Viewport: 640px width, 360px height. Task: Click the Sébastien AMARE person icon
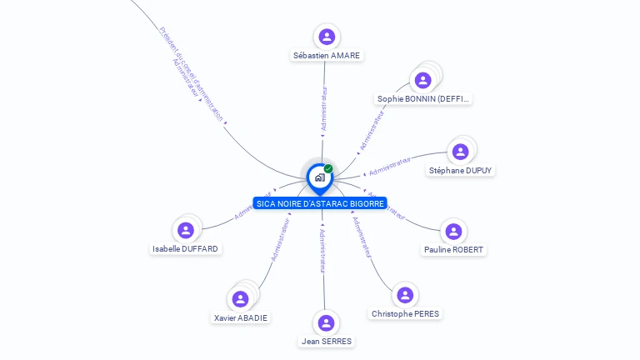(x=327, y=37)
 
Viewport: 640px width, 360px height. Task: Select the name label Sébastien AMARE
(x=327, y=56)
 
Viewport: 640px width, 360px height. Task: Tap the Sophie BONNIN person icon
(x=423, y=80)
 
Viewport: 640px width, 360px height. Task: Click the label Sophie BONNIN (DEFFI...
(x=424, y=98)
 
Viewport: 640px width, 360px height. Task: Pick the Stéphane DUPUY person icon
(x=460, y=152)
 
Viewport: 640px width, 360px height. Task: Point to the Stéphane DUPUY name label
(x=461, y=170)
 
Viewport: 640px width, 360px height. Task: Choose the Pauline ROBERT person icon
(x=453, y=231)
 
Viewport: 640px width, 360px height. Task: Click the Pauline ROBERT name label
(x=453, y=249)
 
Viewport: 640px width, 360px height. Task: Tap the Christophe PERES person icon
(x=405, y=295)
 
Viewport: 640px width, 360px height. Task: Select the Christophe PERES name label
(x=405, y=313)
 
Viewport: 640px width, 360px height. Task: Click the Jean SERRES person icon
(x=326, y=322)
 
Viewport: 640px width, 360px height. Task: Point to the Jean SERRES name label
(x=326, y=342)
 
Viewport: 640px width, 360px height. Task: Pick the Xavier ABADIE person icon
(x=241, y=298)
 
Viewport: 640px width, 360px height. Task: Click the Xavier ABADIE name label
(x=242, y=317)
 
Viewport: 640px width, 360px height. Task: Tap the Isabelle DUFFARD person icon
(x=186, y=230)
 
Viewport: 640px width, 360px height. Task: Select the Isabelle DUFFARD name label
(x=186, y=248)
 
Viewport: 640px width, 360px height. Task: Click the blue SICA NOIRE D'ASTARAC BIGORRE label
(x=320, y=203)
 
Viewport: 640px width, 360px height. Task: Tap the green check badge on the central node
(x=328, y=169)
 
